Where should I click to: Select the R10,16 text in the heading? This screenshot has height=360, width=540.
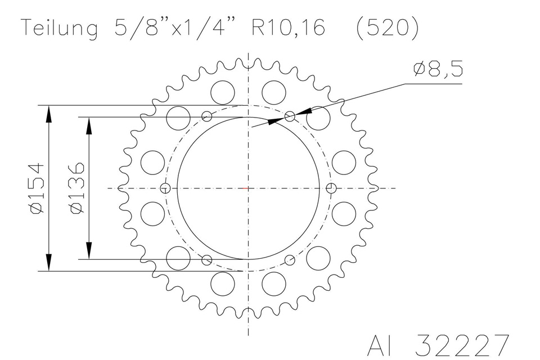point(288,28)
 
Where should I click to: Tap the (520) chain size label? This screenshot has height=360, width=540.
point(388,28)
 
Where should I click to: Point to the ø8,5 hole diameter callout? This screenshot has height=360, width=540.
point(438,69)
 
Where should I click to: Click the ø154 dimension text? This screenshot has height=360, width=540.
point(38,188)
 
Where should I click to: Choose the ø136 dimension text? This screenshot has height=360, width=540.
point(77,188)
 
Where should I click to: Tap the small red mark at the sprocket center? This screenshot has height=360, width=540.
point(245,188)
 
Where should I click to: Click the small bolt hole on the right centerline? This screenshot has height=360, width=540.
point(331,188)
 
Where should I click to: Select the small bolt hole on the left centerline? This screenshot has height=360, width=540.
point(165,188)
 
